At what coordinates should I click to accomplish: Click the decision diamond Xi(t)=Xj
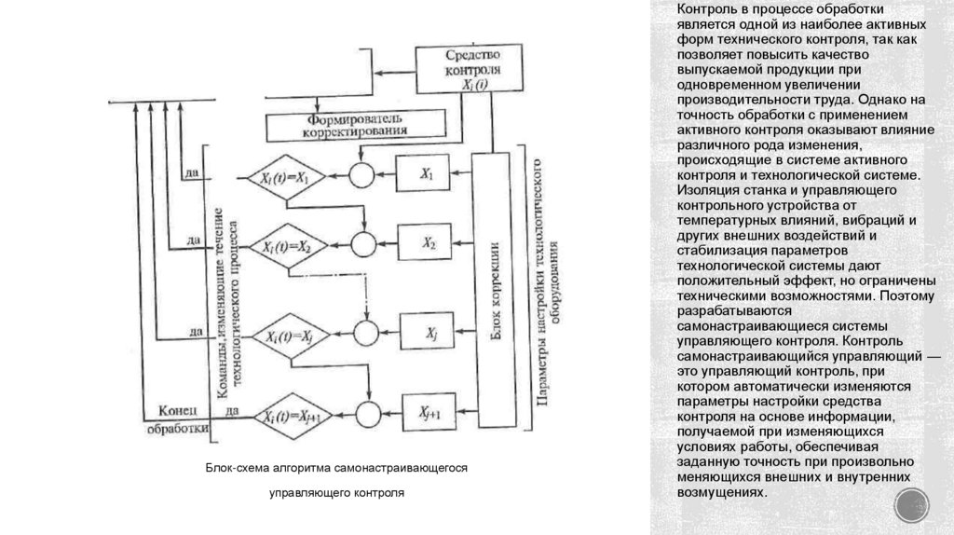coord(288,335)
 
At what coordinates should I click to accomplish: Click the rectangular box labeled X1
coord(428,174)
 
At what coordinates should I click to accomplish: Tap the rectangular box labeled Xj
coord(431,331)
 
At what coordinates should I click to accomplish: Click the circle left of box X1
coord(361,175)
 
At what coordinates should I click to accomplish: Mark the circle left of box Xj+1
coord(370,414)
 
